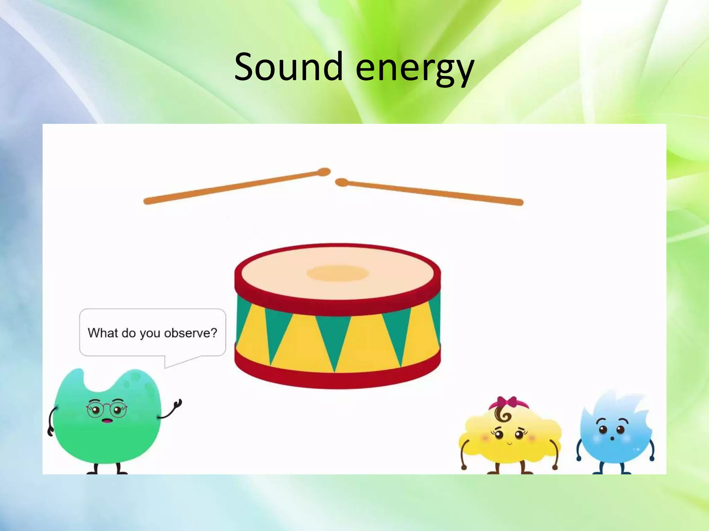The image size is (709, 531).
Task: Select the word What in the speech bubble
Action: click(x=103, y=333)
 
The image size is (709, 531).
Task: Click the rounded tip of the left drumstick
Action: click(x=324, y=172)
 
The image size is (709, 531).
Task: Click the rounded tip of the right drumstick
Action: click(x=341, y=183)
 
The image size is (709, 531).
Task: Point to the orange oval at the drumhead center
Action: click(x=338, y=273)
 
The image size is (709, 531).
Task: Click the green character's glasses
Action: click(x=107, y=409)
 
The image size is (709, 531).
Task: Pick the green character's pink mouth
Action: click(x=107, y=421)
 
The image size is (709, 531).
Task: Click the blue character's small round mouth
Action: click(x=612, y=438)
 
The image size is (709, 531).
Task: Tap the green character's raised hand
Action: click(x=178, y=404)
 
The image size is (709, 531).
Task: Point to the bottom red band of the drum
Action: click(x=338, y=379)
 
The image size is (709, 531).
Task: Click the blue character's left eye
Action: click(x=603, y=430)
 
